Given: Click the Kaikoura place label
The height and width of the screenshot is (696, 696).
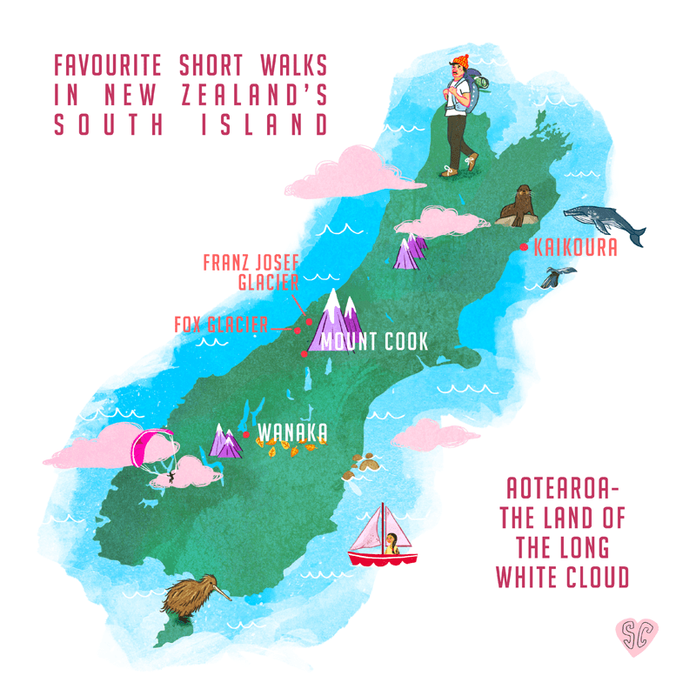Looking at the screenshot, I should coord(576,247).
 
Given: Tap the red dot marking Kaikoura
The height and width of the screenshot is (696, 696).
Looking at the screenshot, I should coord(523,247).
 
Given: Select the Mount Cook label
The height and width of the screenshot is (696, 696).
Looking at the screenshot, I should coord(374,341).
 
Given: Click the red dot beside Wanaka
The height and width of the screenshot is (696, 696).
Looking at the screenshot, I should coord(247,434).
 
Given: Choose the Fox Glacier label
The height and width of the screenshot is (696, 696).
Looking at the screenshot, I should coord(221,325).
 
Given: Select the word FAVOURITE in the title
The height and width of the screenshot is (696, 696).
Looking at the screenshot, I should coord(110,66).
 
